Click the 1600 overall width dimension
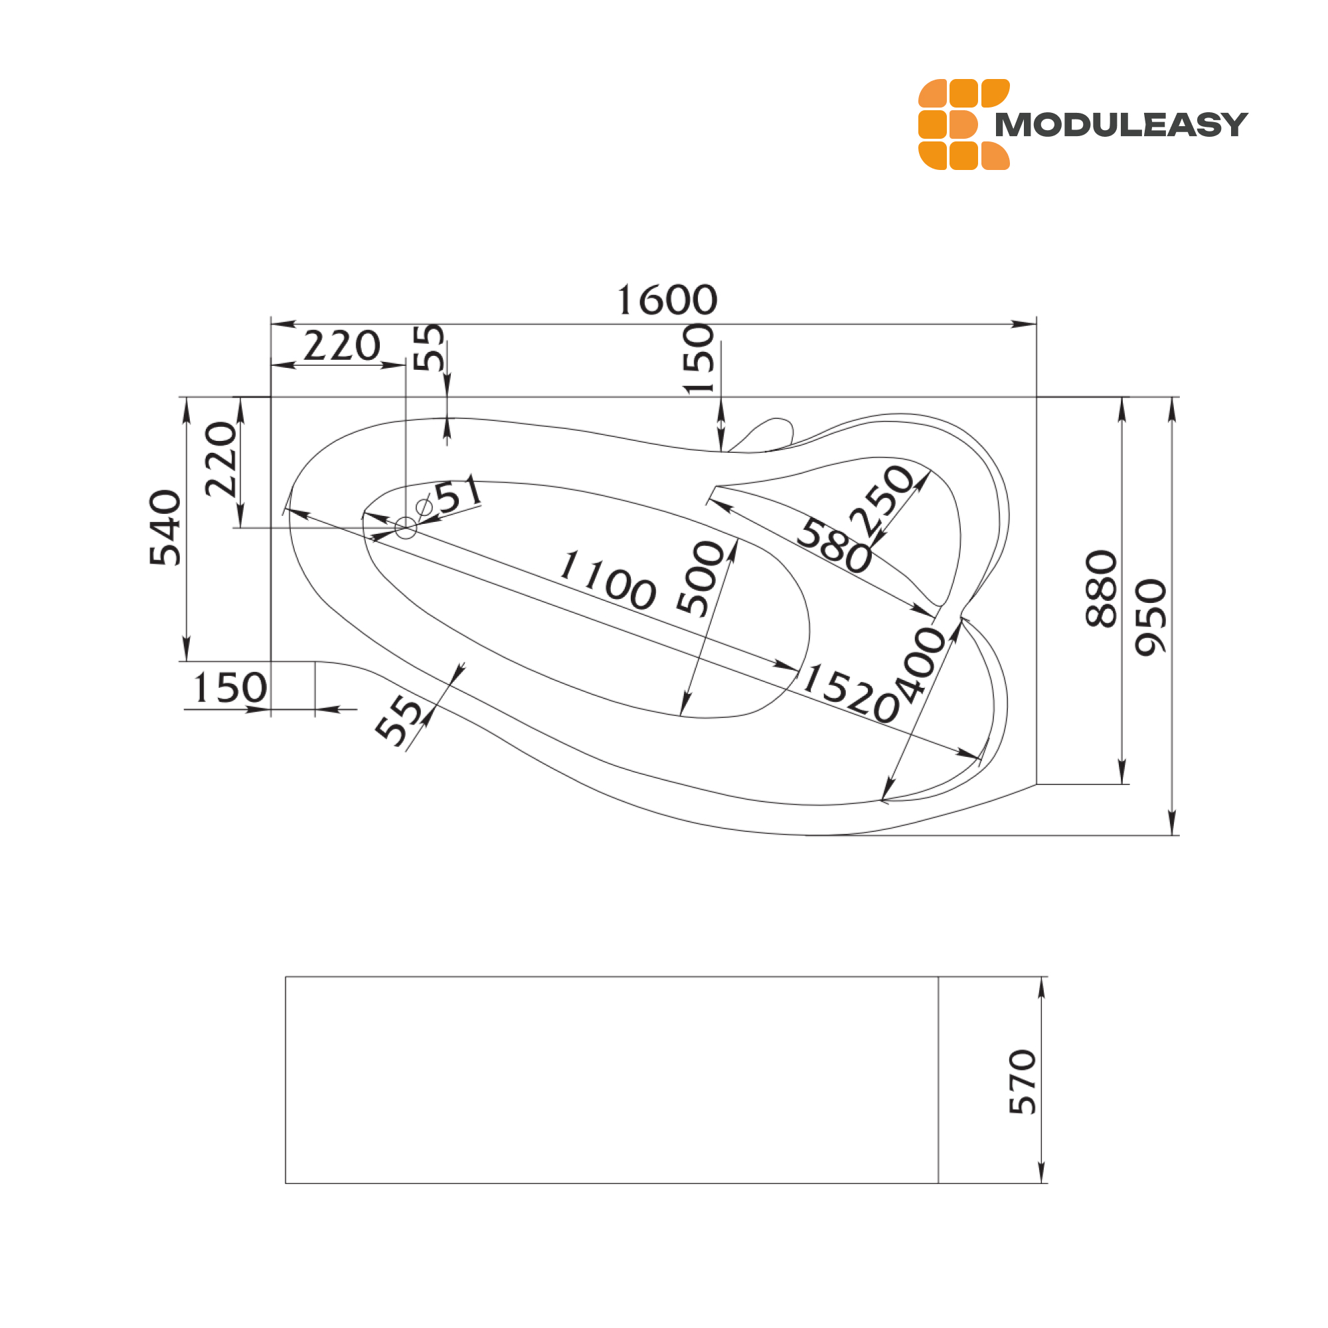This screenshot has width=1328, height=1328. coord(667,300)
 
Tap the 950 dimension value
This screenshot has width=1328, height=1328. coord(1151,618)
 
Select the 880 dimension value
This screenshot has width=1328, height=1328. coord(1101,589)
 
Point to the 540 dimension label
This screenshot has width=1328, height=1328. coord(165,528)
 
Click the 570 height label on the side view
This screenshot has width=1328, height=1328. coord(1022,1081)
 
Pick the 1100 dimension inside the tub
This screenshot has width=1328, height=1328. coord(608,580)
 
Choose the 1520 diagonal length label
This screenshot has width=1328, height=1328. coord(851,693)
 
